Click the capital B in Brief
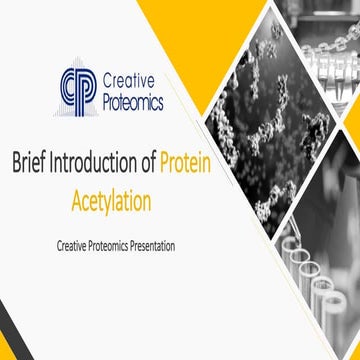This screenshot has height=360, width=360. pos(16,164)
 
